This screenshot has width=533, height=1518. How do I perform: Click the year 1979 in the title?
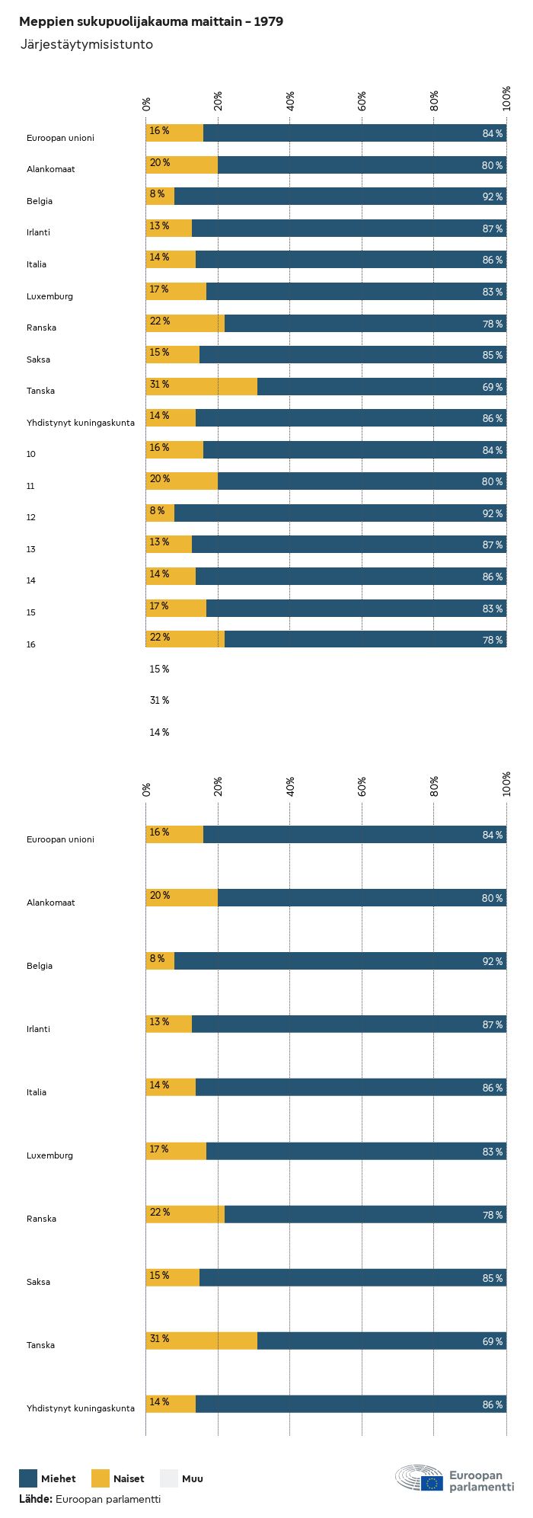pos(269,22)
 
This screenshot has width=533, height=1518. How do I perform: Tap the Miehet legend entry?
pos(58,1478)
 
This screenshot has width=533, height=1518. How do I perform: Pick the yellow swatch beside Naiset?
pos(101,1478)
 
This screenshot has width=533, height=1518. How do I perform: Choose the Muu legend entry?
pos(192,1478)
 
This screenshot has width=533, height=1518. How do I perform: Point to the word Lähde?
pos(35,1499)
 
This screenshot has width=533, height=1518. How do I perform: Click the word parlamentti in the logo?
pos(481,1487)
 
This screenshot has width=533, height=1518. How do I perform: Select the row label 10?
pos(31,454)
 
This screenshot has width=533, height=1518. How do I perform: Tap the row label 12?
pos(31,517)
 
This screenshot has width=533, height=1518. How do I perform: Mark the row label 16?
pos(31,644)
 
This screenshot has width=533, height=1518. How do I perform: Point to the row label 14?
pos(31,580)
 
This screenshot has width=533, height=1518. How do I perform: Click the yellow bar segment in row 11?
pos(182,481)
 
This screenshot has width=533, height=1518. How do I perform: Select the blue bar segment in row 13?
pos(349,544)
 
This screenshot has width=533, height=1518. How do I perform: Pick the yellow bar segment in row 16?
pos(185,639)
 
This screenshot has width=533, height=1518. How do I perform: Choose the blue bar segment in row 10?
pos(355,449)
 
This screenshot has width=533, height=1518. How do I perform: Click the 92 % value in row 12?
pos(492,513)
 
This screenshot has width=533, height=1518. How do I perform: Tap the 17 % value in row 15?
pos(159,606)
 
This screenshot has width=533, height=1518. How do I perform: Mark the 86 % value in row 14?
pos(492,577)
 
